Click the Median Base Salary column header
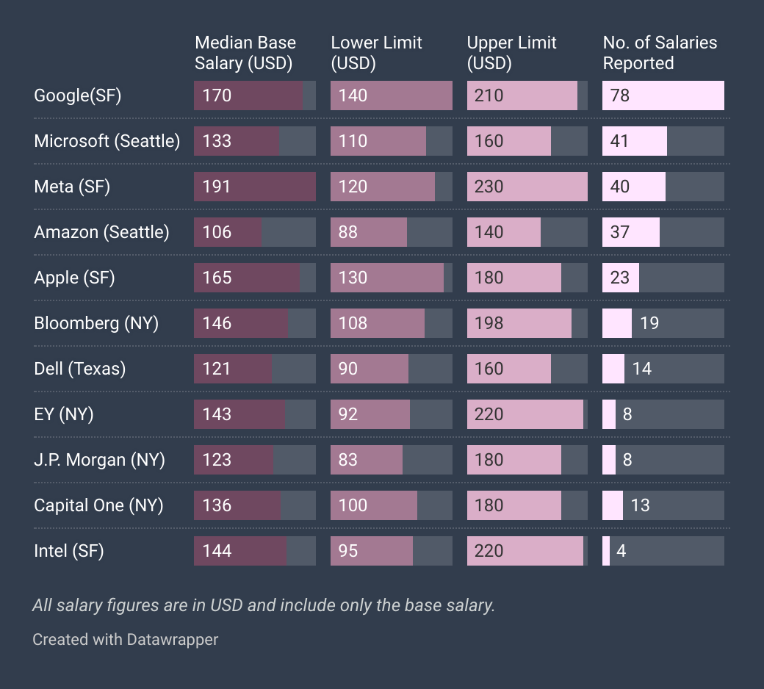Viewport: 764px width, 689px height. click(245, 53)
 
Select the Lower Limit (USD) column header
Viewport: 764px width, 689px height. click(376, 53)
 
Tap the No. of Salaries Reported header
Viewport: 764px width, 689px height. click(660, 53)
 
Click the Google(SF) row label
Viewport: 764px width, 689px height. click(77, 95)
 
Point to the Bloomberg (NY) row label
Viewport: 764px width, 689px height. click(96, 323)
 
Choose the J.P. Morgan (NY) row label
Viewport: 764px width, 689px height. click(99, 460)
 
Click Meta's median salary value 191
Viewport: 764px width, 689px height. click(217, 187)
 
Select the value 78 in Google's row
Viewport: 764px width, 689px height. click(620, 95)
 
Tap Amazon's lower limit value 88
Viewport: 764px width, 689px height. click(348, 232)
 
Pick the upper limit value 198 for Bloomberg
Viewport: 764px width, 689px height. click(489, 323)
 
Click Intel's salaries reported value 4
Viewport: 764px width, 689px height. click(621, 551)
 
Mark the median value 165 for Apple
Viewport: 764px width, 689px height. click(217, 278)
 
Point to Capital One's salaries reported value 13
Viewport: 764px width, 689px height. click(641, 505)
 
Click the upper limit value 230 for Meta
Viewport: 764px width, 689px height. click(489, 187)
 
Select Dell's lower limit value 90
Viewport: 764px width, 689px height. click(348, 369)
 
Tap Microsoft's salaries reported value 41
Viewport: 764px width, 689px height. click(620, 141)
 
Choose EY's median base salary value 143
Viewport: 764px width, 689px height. click(217, 414)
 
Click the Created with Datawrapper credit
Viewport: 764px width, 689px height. click(125, 639)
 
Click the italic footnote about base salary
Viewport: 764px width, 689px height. click(264, 605)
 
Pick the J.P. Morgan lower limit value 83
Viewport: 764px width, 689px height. click(348, 460)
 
